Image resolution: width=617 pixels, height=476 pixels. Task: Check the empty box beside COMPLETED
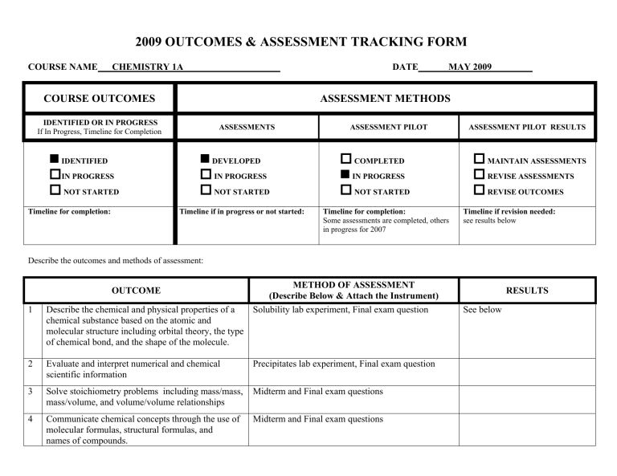(x=346, y=161)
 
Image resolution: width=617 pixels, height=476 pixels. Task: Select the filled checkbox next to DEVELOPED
(x=206, y=161)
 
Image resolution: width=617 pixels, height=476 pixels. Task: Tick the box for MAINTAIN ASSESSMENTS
(x=479, y=161)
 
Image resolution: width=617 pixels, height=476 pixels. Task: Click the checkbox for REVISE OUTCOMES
(x=479, y=191)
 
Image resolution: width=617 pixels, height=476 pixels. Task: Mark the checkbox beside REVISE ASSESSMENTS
(x=479, y=176)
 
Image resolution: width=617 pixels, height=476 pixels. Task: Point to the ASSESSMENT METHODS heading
(x=385, y=99)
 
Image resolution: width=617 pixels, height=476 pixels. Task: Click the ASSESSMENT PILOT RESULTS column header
(x=527, y=127)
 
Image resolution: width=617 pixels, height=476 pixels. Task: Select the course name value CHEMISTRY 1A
(x=147, y=67)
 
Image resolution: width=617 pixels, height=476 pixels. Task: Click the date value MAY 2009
(x=470, y=67)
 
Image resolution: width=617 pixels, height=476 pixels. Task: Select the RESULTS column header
(x=527, y=291)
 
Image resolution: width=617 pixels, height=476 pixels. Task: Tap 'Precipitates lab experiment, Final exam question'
(x=344, y=364)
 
